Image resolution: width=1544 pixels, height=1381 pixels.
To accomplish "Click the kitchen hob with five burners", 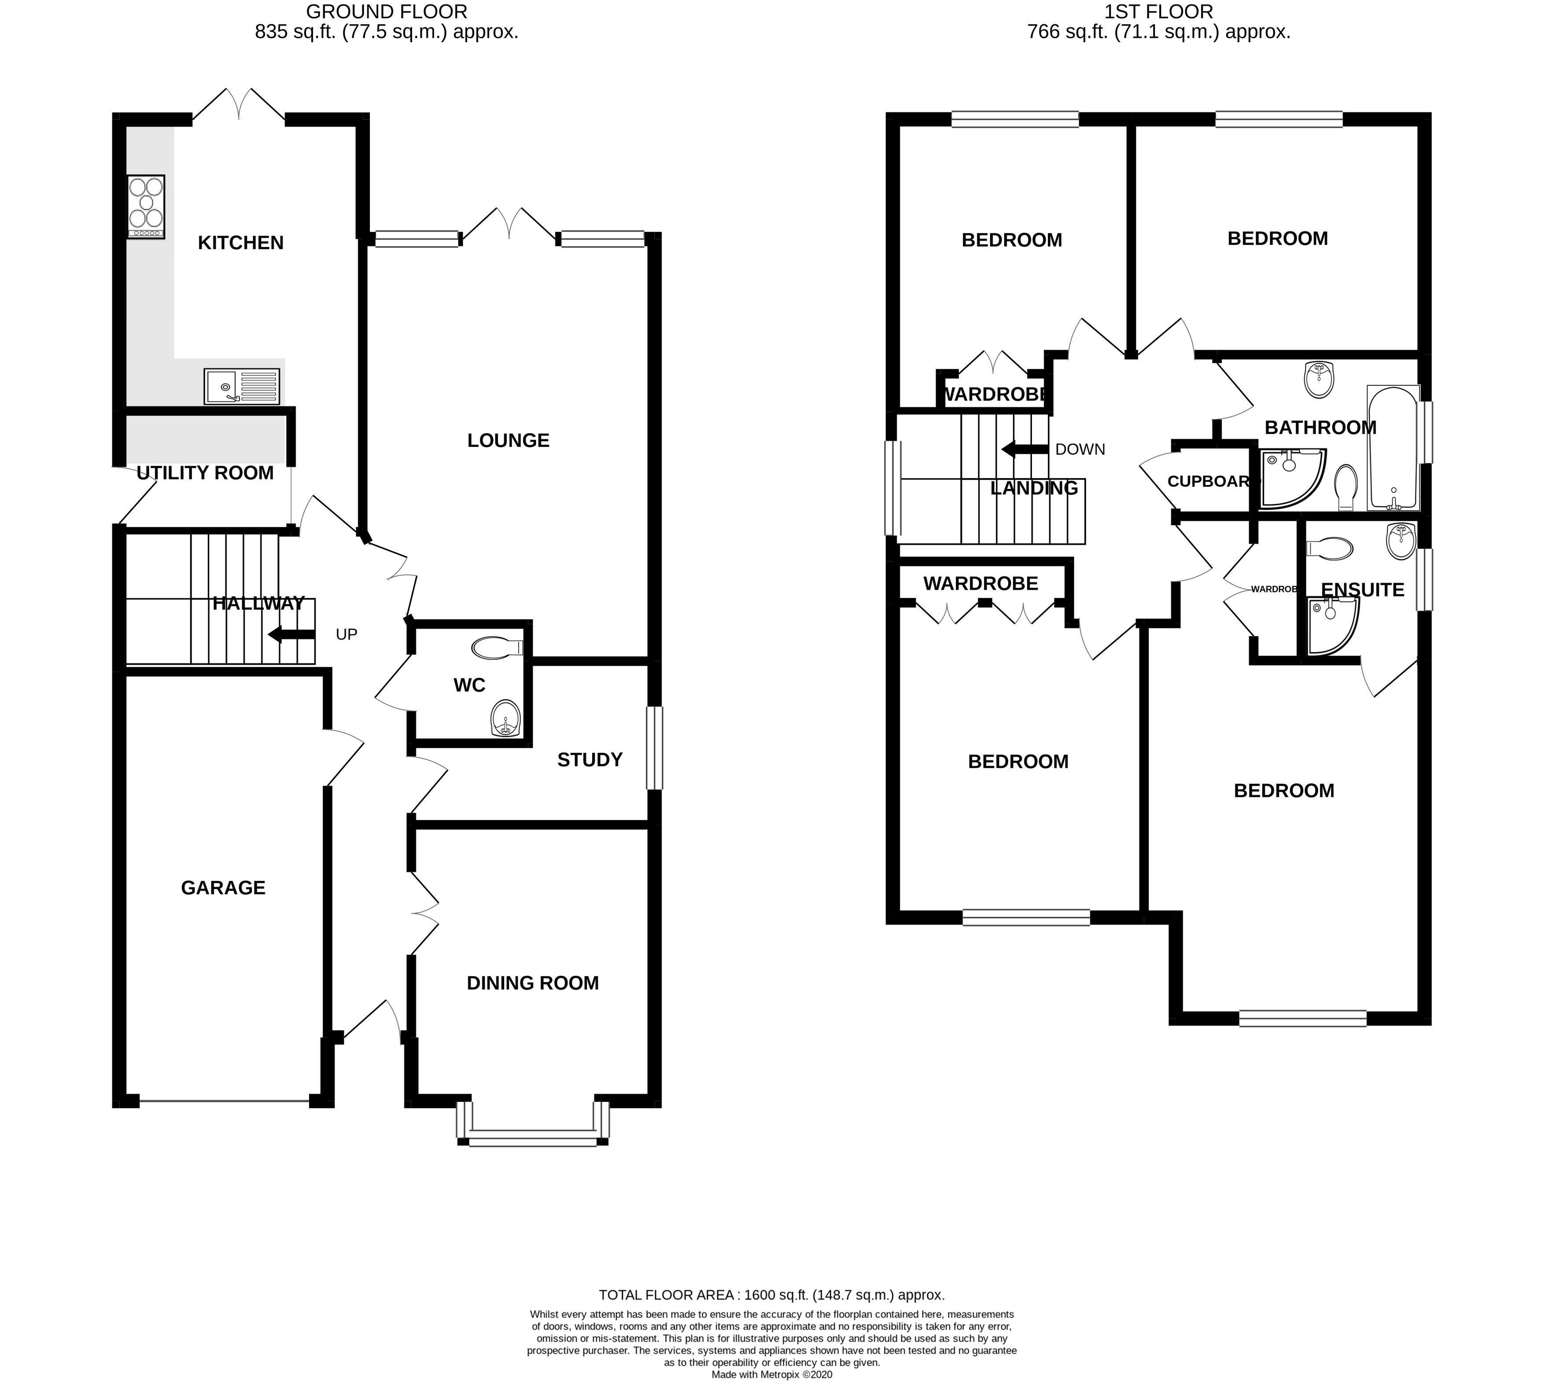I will point(146,206).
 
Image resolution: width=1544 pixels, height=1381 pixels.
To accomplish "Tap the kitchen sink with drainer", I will point(241,386).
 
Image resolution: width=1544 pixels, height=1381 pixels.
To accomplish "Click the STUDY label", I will point(590,759).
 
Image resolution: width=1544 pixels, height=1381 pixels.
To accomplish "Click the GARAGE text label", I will point(223,888).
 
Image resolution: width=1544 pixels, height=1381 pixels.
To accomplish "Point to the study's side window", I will point(654,748).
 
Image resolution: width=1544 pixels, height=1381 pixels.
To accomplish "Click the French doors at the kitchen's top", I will point(239,106).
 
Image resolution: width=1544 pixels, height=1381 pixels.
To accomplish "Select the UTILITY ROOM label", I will point(205,473).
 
